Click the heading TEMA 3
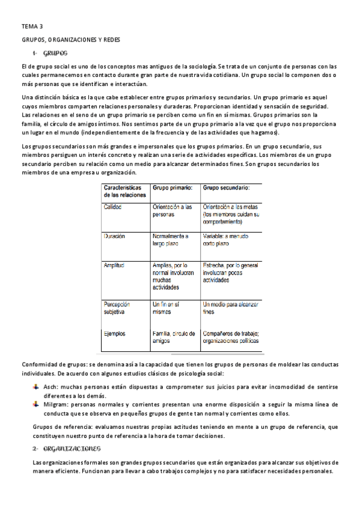tap(32, 27)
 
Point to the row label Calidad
tap(114, 207)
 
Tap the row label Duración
tap(115, 236)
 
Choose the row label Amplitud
tap(115, 265)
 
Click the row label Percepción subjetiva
tap(118, 308)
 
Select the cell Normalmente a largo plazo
tap(171, 240)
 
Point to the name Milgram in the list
tap(56, 405)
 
